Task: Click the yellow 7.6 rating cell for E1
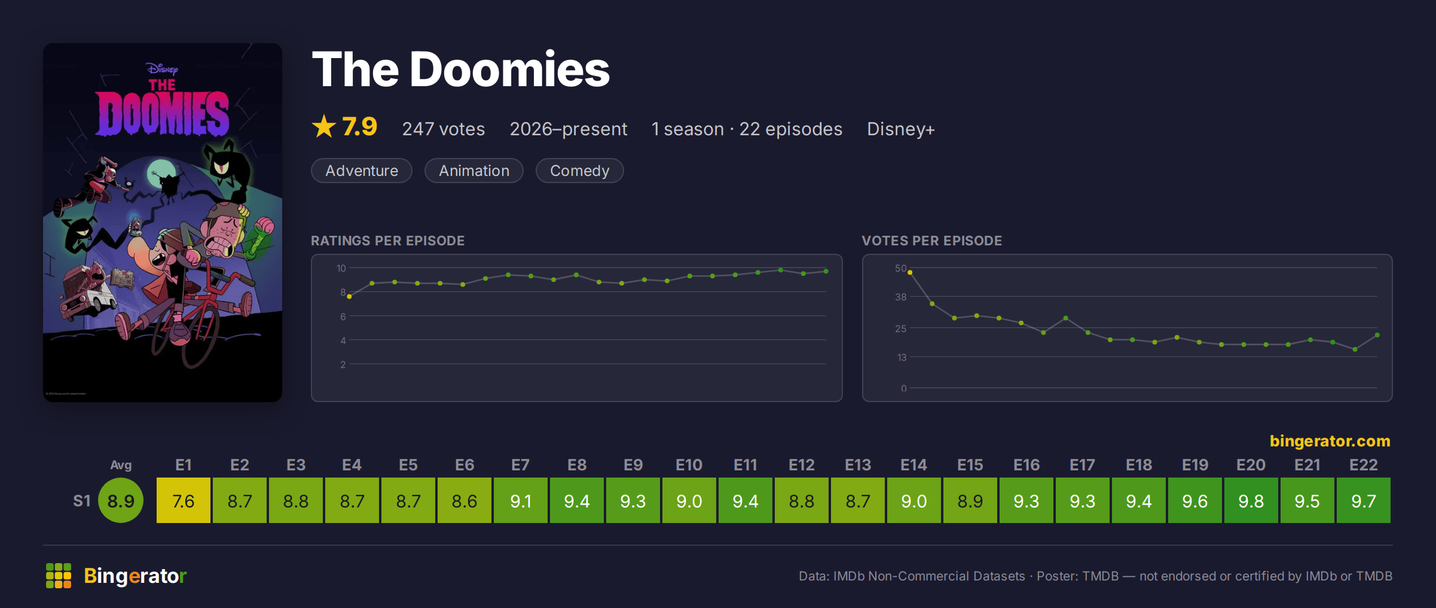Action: (x=184, y=500)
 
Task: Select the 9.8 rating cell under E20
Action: (x=1251, y=500)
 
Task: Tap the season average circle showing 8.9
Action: (x=121, y=500)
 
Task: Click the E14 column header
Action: (x=914, y=465)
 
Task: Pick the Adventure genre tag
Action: (x=362, y=171)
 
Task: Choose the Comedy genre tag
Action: (x=579, y=171)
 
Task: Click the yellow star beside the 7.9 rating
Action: (x=324, y=126)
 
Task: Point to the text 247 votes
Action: (x=444, y=129)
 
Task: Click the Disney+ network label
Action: (x=901, y=129)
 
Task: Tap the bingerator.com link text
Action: (x=1330, y=441)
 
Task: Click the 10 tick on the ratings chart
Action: (x=341, y=268)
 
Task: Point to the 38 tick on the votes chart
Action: (x=901, y=297)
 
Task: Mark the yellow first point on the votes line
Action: (x=910, y=272)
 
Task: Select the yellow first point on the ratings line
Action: (x=350, y=296)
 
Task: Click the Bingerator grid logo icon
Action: (x=59, y=576)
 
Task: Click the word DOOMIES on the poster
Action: (x=163, y=113)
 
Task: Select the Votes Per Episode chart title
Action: (x=932, y=241)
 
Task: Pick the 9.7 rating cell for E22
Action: (x=1364, y=500)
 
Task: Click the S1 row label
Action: (x=82, y=501)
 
